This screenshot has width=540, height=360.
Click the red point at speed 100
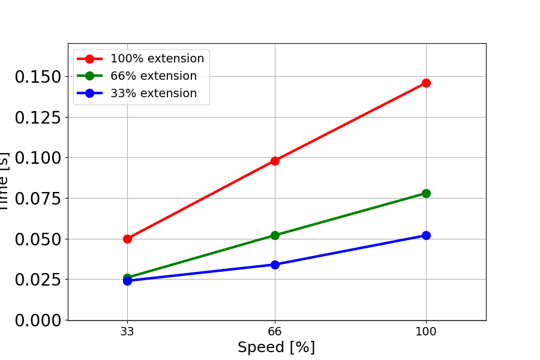[426, 83]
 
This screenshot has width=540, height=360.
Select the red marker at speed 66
[275, 161]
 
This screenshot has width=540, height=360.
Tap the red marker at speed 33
[127, 239]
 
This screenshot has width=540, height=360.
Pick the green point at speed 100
[426, 193]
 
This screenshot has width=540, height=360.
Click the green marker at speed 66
[275, 235]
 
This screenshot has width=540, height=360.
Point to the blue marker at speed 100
[426, 235]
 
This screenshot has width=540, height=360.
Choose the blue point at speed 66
[275, 265]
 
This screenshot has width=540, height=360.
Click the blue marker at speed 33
[127, 281]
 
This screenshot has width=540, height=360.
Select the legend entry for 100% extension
[157, 59]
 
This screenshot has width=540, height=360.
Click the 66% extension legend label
[153, 76]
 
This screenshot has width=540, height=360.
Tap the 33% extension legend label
[153, 94]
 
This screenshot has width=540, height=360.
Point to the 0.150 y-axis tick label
[38, 77]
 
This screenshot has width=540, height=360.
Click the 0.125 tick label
[38, 118]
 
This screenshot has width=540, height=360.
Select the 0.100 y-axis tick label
[38, 158]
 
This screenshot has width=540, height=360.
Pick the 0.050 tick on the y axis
[38, 239]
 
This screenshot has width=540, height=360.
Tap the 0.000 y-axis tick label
[38, 320]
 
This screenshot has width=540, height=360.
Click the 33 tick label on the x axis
[127, 330]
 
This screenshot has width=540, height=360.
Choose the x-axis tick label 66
[275, 330]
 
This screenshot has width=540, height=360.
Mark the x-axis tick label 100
[426, 330]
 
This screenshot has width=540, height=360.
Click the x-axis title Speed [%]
[276, 347]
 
